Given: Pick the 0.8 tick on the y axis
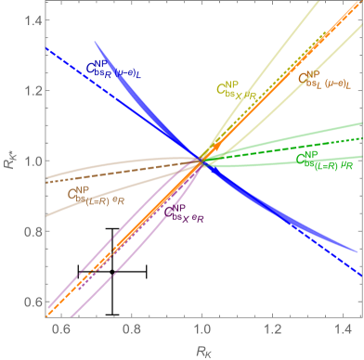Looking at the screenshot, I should (31, 231).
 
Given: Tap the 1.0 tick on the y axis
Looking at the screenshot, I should (31, 161).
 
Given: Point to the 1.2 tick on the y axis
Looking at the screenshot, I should (31, 91).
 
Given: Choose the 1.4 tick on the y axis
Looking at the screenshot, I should (31, 20).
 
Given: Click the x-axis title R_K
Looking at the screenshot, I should (201, 348).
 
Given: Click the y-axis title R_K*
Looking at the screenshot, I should (9, 161).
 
